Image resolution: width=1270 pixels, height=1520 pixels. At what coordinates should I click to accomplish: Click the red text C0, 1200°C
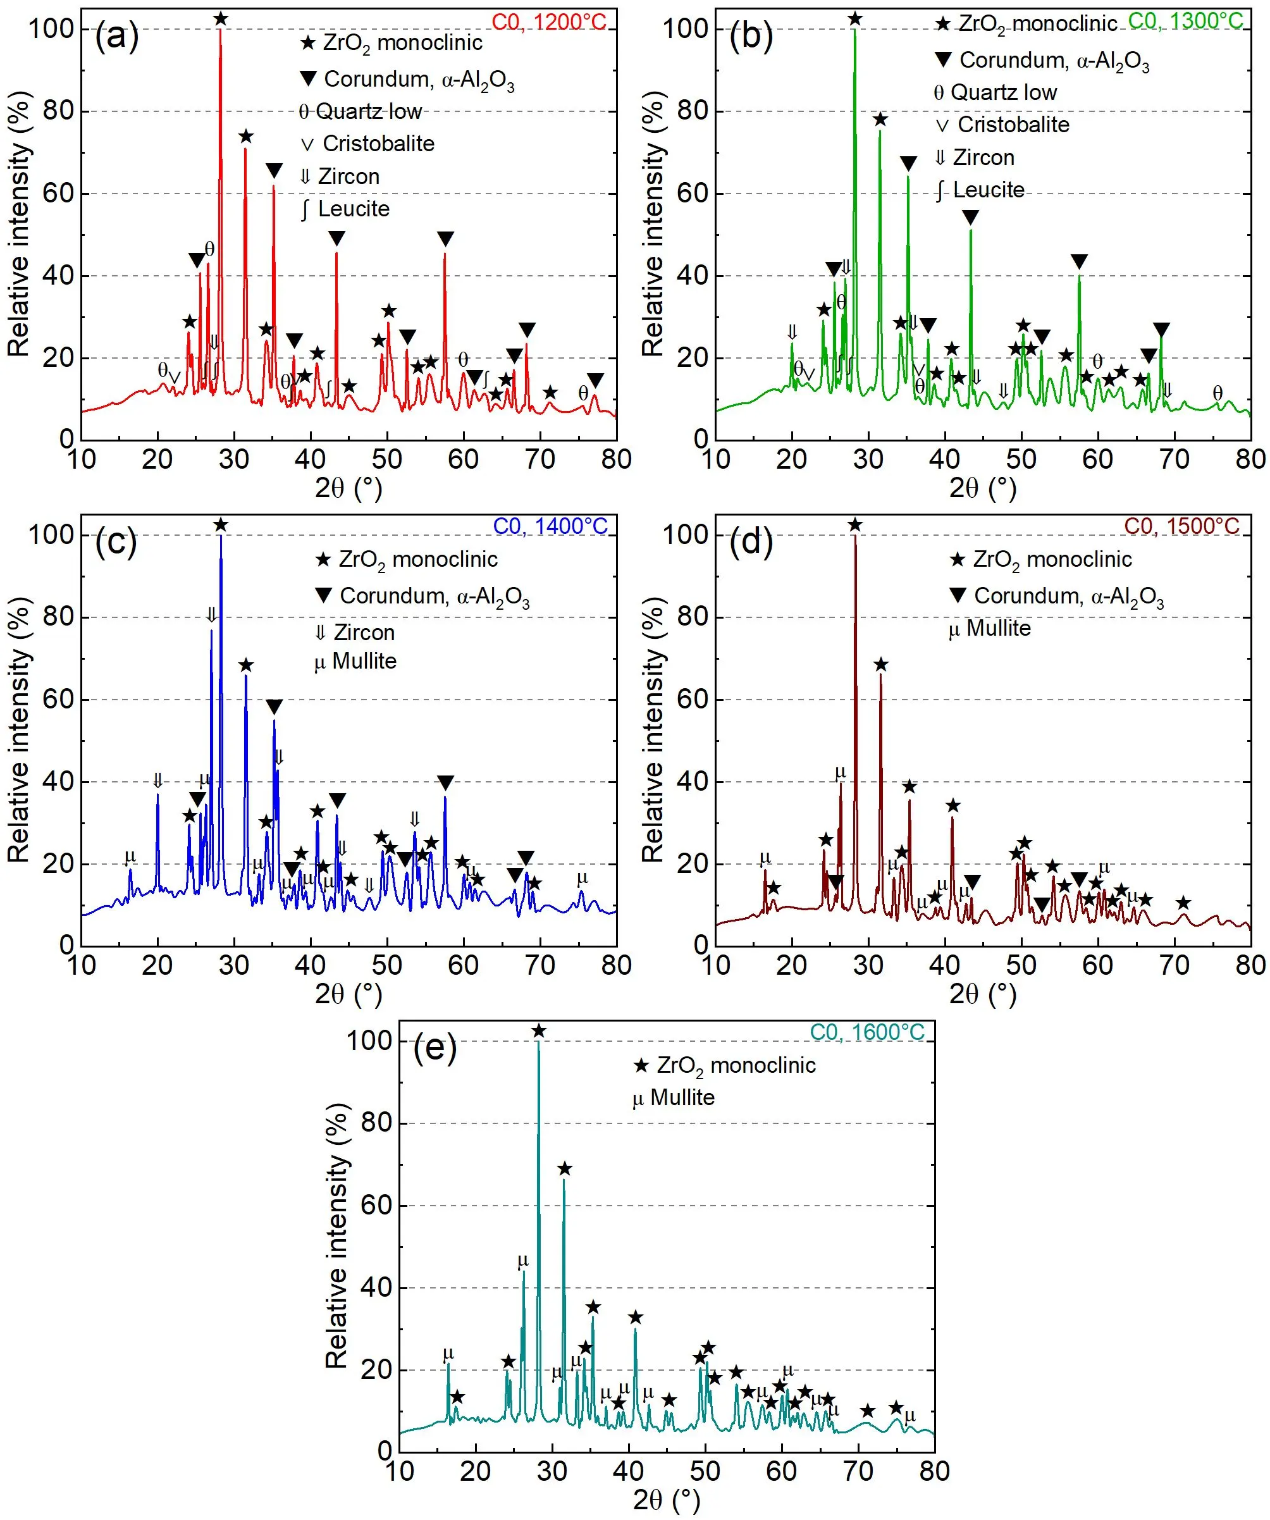pyautogui.click(x=549, y=22)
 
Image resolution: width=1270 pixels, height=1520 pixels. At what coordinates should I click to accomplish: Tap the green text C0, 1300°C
pyautogui.click(x=1185, y=21)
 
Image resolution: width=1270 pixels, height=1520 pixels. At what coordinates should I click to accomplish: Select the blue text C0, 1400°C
pyautogui.click(x=551, y=526)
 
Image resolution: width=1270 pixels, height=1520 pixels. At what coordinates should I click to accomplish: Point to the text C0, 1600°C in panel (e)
pyautogui.click(x=867, y=1032)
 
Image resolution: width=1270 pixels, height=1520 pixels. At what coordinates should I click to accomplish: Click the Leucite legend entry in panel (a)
pyautogui.click(x=345, y=209)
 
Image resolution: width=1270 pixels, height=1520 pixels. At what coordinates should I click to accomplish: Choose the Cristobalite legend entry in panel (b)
pyautogui.click(x=1003, y=125)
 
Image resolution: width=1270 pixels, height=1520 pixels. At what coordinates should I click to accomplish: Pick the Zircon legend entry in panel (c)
pyautogui.click(x=355, y=633)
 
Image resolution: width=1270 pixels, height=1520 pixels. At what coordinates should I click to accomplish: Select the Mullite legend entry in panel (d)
pyautogui.click(x=990, y=627)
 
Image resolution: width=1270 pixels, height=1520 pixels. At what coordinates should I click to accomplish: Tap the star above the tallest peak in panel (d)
pyautogui.click(x=855, y=525)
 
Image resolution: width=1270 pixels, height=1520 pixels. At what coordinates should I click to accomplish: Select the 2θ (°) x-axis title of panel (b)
pyautogui.click(x=983, y=488)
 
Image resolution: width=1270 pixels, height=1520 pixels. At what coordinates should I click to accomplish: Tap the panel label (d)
pyautogui.click(x=751, y=541)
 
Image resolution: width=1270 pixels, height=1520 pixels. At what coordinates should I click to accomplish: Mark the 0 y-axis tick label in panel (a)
pyautogui.click(x=66, y=438)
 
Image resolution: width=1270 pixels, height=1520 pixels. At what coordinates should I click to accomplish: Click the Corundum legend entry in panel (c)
pyautogui.click(x=423, y=596)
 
